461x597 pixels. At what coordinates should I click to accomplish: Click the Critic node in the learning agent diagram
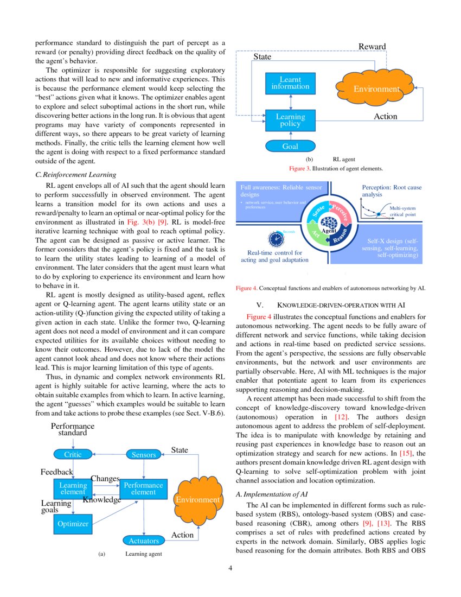[x=73, y=454]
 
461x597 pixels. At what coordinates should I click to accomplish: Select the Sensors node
[x=144, y=454]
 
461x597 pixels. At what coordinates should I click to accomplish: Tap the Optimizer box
[x=73, y=524]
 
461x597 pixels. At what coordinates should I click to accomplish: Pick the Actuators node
[x=144, y=541]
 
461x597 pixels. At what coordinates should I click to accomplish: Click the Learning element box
[x=73, y=488]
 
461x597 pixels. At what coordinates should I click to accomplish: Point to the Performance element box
[x=143, y=488]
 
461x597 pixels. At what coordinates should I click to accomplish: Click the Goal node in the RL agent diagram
[x=290, y=146]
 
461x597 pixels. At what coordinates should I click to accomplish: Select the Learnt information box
[x=290, y=83]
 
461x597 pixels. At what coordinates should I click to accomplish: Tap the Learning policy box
[x=290, y=120]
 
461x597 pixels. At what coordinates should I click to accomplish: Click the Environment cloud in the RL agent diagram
[x=376, y=88]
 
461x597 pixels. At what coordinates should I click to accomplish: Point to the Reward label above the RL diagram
[x=372, y=47]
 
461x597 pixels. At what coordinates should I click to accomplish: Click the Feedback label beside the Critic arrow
[x=56, y=472]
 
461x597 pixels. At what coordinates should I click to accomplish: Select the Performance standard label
[x=73, y=429]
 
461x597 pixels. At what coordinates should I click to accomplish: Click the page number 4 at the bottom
[x=230, y=568]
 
